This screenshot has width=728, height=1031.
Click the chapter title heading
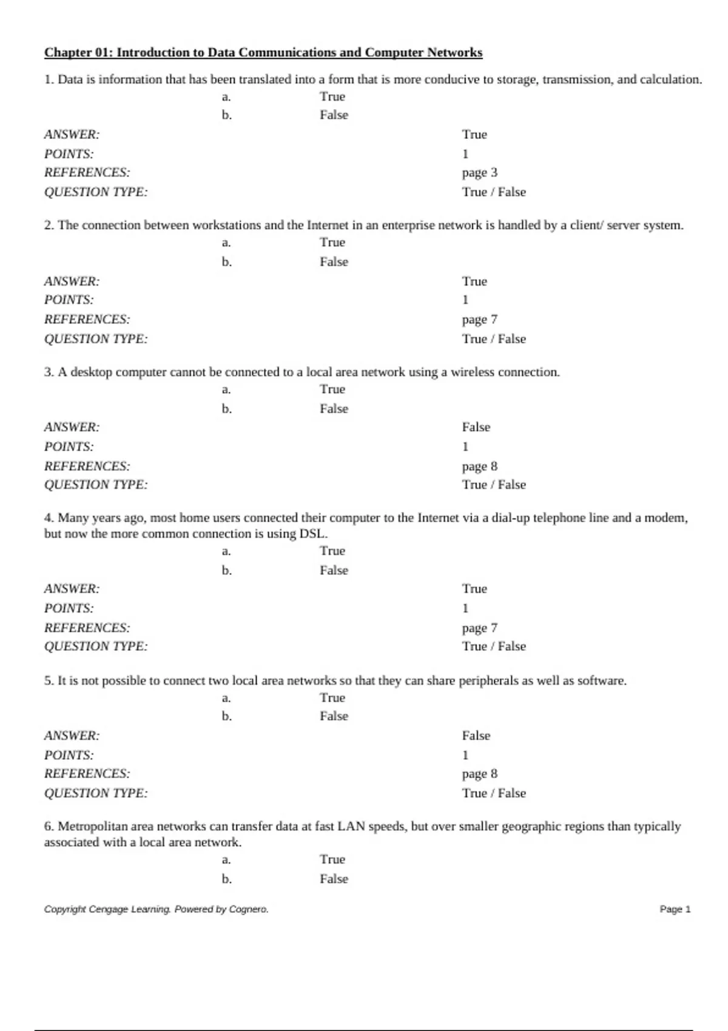[263, 52]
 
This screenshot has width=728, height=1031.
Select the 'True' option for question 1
[332, 96]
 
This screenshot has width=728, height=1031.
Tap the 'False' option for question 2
[334, 261]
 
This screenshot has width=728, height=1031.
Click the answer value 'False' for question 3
[476, 427]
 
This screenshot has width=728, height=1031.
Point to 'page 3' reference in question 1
[479, 172]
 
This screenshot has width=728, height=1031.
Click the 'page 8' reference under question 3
[479, 466]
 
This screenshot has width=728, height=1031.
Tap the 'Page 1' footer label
[675, 909]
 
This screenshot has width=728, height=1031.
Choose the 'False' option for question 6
[334, 879]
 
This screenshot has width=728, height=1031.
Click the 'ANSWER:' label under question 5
[72, 736]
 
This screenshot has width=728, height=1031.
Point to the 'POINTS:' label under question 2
[69, 300]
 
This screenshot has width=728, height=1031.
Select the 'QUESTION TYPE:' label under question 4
[95, 646]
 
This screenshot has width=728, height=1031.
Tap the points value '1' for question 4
[465, 608]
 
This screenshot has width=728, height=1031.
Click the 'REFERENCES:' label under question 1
[87, 172]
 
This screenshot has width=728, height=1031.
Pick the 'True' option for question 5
[332, 697]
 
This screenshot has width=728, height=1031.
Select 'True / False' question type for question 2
[494, 339]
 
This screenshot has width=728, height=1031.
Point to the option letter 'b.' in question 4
[226, 570]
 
